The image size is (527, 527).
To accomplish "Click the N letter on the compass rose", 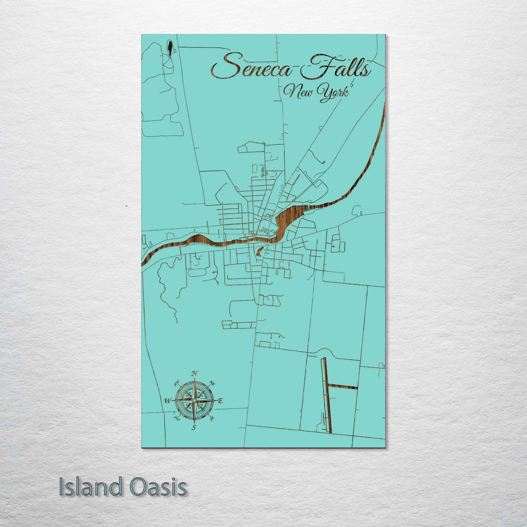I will click(x=195, y=373).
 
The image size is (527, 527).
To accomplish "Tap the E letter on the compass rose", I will click(x=220, y=401).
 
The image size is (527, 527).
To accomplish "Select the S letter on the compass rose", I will click(x=194, y=427).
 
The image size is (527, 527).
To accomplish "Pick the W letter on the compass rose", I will click(x=167, y=401).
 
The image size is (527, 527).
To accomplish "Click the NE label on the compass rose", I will click(x=212, y=383).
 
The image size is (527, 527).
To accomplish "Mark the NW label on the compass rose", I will click(x=177, y=383).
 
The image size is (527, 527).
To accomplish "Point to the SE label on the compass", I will click(x=212, y=418).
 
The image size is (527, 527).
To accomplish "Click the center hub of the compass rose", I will click(x=194, y=400).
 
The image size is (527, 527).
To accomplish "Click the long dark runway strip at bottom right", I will click(x=326, y=396).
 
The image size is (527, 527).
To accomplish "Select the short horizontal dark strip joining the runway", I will click(x=343, y=387).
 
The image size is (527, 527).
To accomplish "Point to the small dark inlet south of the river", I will click(x=260, y=251).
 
